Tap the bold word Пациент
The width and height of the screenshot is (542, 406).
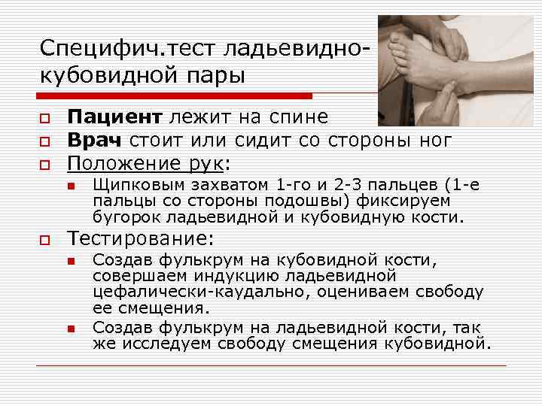point(114,117)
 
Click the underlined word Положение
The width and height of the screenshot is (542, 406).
point(117,163)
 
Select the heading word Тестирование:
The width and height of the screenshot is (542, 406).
point(141,240)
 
